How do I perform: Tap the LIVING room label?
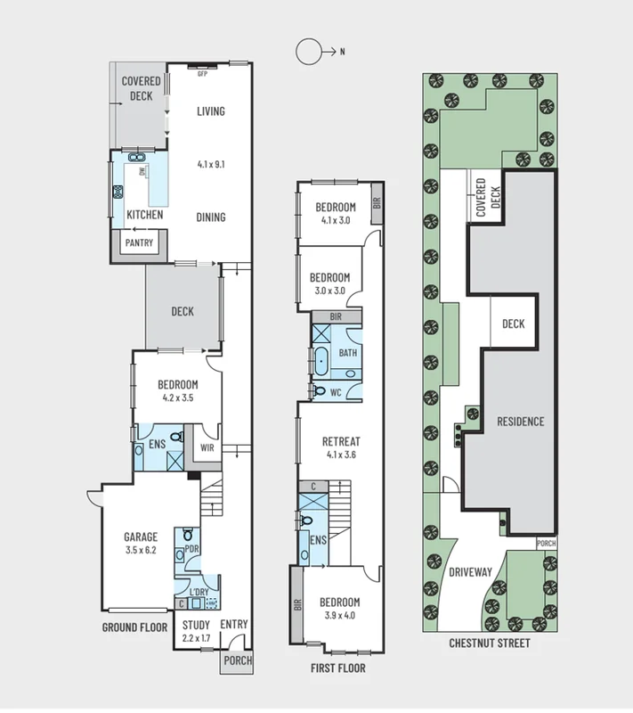pyautogui.click(x=211, y=111)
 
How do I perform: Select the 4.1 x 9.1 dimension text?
pyautogui.click(x=211, y=165)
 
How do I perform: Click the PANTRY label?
pyautogui.click(x=139, y=242)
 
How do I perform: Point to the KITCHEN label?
pyautogui.click(x=144, y=216)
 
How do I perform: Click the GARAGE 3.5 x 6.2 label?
pyautogui.click(x=141, y=543)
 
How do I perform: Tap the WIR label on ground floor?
pyautogui.click(x=207, y=448)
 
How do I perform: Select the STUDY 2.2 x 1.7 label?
pyautogui.click(x=195, y=631)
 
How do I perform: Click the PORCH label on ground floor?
pyautogui.click(x=238, y=660)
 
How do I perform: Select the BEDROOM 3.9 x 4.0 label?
pyautogui.click(x=340, y=609)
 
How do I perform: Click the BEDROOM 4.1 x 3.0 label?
pyautogui.click(x=335, y=214)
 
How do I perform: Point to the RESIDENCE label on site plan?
pyautogui.click(x=520, y=422)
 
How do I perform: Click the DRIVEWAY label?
pyautogui.click(x=470, y=572)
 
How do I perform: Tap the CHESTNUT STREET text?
pyautogui.click(x=489, y=643)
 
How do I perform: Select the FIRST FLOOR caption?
pyautogui.click(x=337, y=668)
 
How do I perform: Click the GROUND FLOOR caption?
pyautogui.click(x=134, y=627)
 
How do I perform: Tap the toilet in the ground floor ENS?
pyautogui.click(x=176, y=438)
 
